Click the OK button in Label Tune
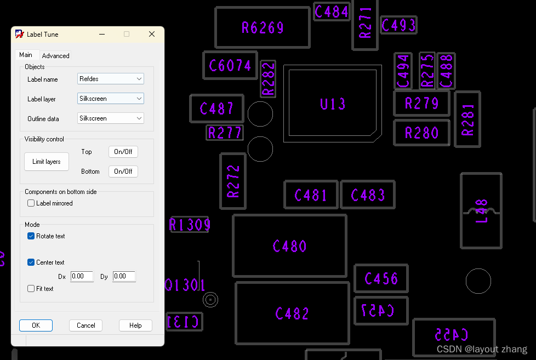(36, 325)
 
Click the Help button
(135, 325)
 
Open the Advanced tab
(56, 56)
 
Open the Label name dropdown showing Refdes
(111, 79)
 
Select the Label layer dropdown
(111, 99)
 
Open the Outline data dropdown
(111, 118)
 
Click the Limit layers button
(46, 162)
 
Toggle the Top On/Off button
(123, 152)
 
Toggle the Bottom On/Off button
(123, 172)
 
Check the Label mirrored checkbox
(31, 203)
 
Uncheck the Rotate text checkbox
(31, 236)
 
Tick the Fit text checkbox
(31, 289)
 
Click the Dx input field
(82, 277)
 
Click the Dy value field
(124, 277)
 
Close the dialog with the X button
(152, 34)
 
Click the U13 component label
(333, 104)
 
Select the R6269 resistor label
(263, 28)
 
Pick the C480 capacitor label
(289, 247)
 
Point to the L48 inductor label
(481, 211)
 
